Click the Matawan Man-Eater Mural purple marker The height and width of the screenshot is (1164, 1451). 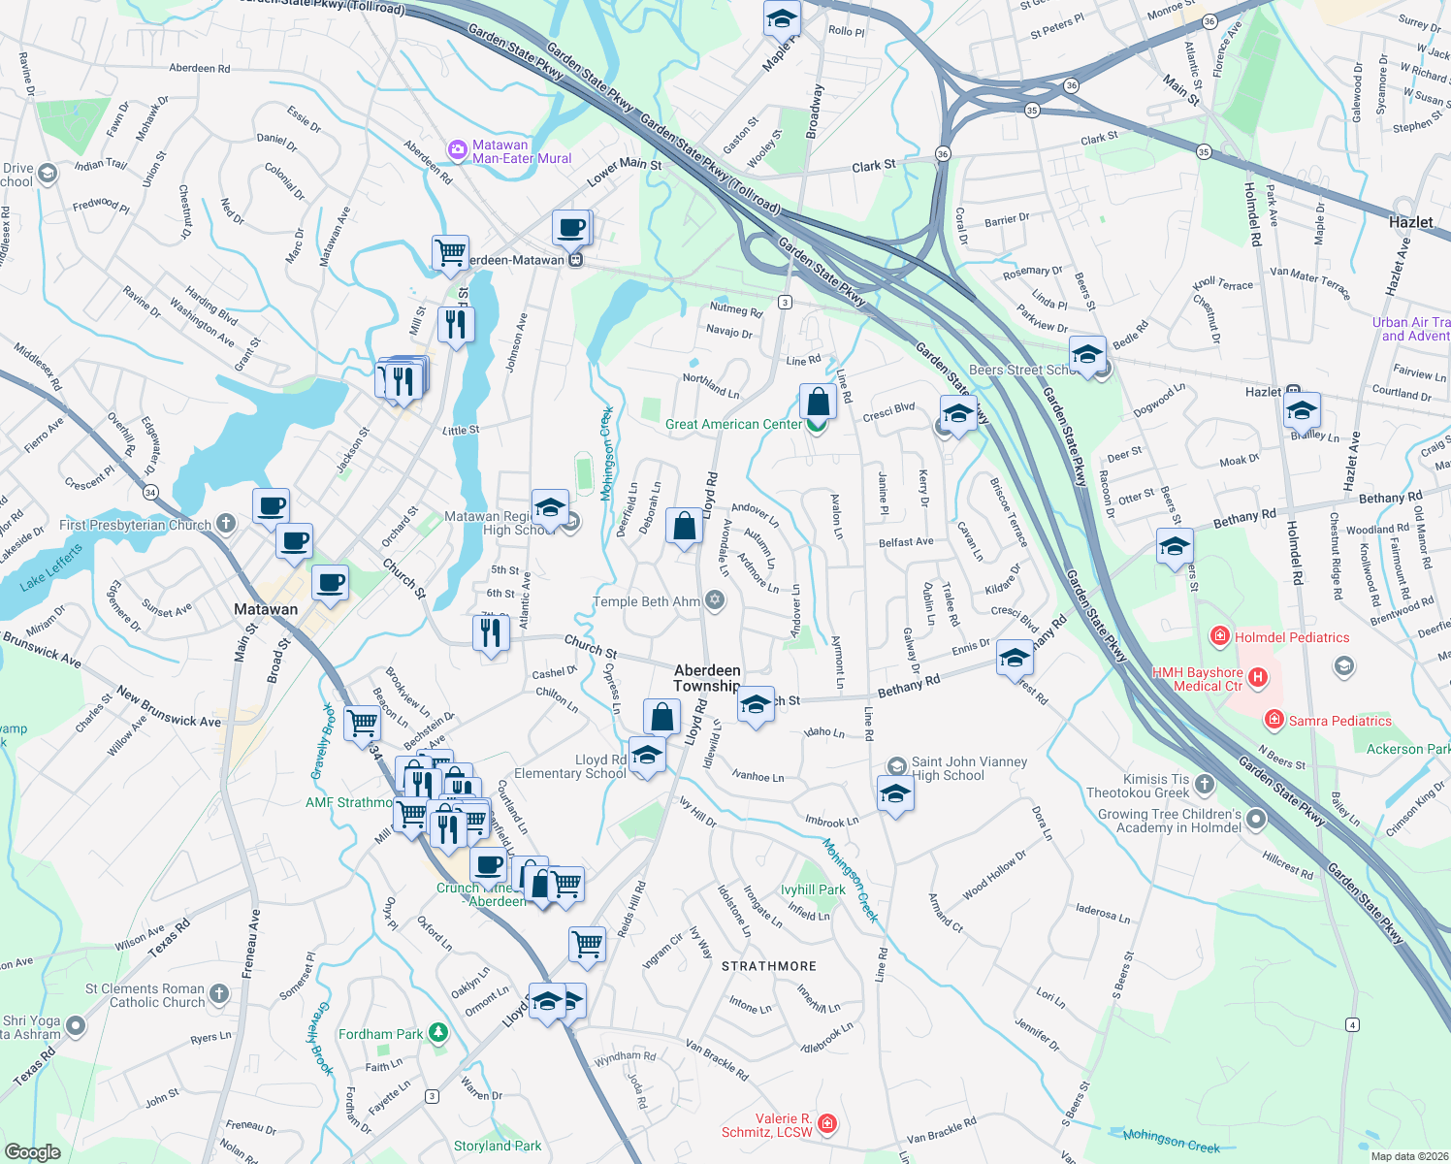pos(457,150)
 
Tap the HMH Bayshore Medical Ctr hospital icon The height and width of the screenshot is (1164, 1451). pos(1258,678)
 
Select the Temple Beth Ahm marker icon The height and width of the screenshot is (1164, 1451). pos(715,600)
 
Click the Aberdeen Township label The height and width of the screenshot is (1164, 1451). pos(707,678)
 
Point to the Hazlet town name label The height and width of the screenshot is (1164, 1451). pos(1410,222)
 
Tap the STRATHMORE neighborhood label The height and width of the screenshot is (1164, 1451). pos(769,966)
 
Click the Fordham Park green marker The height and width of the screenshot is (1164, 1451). pos(438,1034)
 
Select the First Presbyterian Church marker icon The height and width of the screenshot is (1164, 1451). pos(226,524)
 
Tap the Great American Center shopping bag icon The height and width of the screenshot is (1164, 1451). pos(818,402)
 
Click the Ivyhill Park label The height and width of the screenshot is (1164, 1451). pos(813,889)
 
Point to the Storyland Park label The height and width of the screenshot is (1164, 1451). pos(498,1146)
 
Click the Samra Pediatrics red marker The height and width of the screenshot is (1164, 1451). pos(1274,720)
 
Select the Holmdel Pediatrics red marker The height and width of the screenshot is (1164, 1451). pos(1220,636)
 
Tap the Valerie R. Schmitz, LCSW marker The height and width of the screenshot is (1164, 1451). pos(826,1123)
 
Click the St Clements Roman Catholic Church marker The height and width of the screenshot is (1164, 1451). pos(219,993)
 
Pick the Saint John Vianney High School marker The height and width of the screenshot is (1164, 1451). pos(896,766)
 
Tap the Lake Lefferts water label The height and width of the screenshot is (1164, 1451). pos(51,567)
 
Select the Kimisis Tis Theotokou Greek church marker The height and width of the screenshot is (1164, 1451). pos(1205,785)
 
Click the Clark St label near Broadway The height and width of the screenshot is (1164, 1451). pos(873,166)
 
